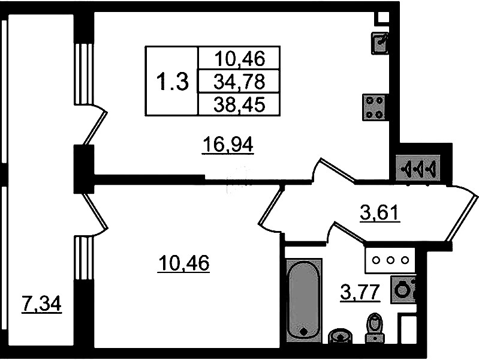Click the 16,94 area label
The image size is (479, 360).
coord(228,145)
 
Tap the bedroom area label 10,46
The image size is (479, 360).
coord(183,263)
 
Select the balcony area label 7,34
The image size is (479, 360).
coord(42,304)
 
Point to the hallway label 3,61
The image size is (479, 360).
coord(379,212)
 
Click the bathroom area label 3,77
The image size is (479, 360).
coord(360,293)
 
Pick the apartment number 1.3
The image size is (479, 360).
coord(172,82)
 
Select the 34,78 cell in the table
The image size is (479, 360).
coord(239,82)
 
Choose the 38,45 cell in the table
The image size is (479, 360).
coord(239,105)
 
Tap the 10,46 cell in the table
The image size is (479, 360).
coord(239,58)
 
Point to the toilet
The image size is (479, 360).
coord(375,328)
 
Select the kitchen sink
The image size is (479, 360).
coord(379,43)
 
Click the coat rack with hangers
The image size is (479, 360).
coord(418,167)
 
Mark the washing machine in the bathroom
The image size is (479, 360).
coord(403,290)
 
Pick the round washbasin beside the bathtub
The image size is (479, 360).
coord(341,336)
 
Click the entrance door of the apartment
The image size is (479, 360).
coord(462,214)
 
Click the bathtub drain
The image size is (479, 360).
coord(304,331)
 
